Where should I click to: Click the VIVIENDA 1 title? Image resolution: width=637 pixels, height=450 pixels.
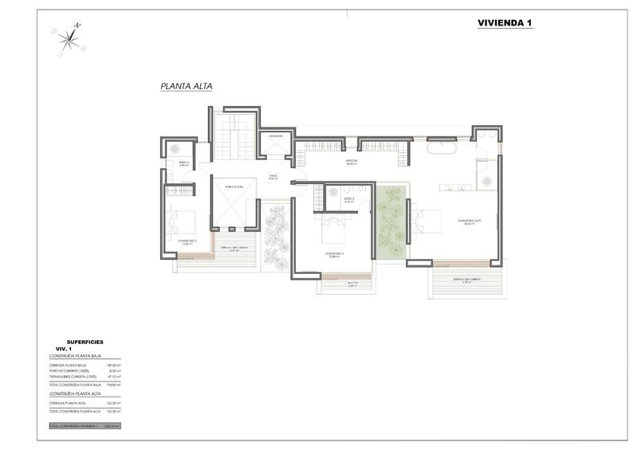coord(504,23)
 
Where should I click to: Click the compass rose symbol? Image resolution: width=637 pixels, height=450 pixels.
coord(69,41)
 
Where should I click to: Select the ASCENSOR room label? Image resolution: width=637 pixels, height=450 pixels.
coord(276,136)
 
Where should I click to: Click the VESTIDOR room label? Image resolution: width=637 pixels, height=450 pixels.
coord(351,161)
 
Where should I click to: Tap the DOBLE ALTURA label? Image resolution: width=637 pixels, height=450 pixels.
coord(234,186)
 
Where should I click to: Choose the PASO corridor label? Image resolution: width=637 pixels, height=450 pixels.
coord(273,177)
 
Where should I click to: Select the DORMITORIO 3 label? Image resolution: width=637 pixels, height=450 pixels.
coord(334,253)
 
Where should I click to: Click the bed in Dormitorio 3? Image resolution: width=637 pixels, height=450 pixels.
coord(333,232)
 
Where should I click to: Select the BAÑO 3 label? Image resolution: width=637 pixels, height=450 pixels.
coord(348,200)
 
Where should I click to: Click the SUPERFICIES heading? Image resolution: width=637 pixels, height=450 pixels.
coord(85,342)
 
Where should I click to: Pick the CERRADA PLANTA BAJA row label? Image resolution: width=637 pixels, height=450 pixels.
coord(68,365)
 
